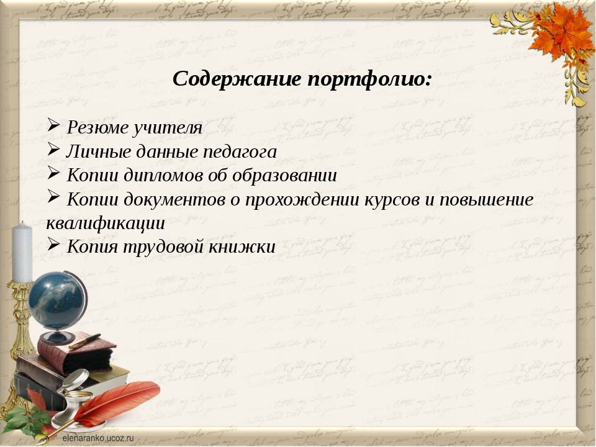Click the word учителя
167,128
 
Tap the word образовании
284,175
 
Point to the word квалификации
106,223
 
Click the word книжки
242,246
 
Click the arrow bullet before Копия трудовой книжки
53,243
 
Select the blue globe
58,301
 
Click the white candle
22,252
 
